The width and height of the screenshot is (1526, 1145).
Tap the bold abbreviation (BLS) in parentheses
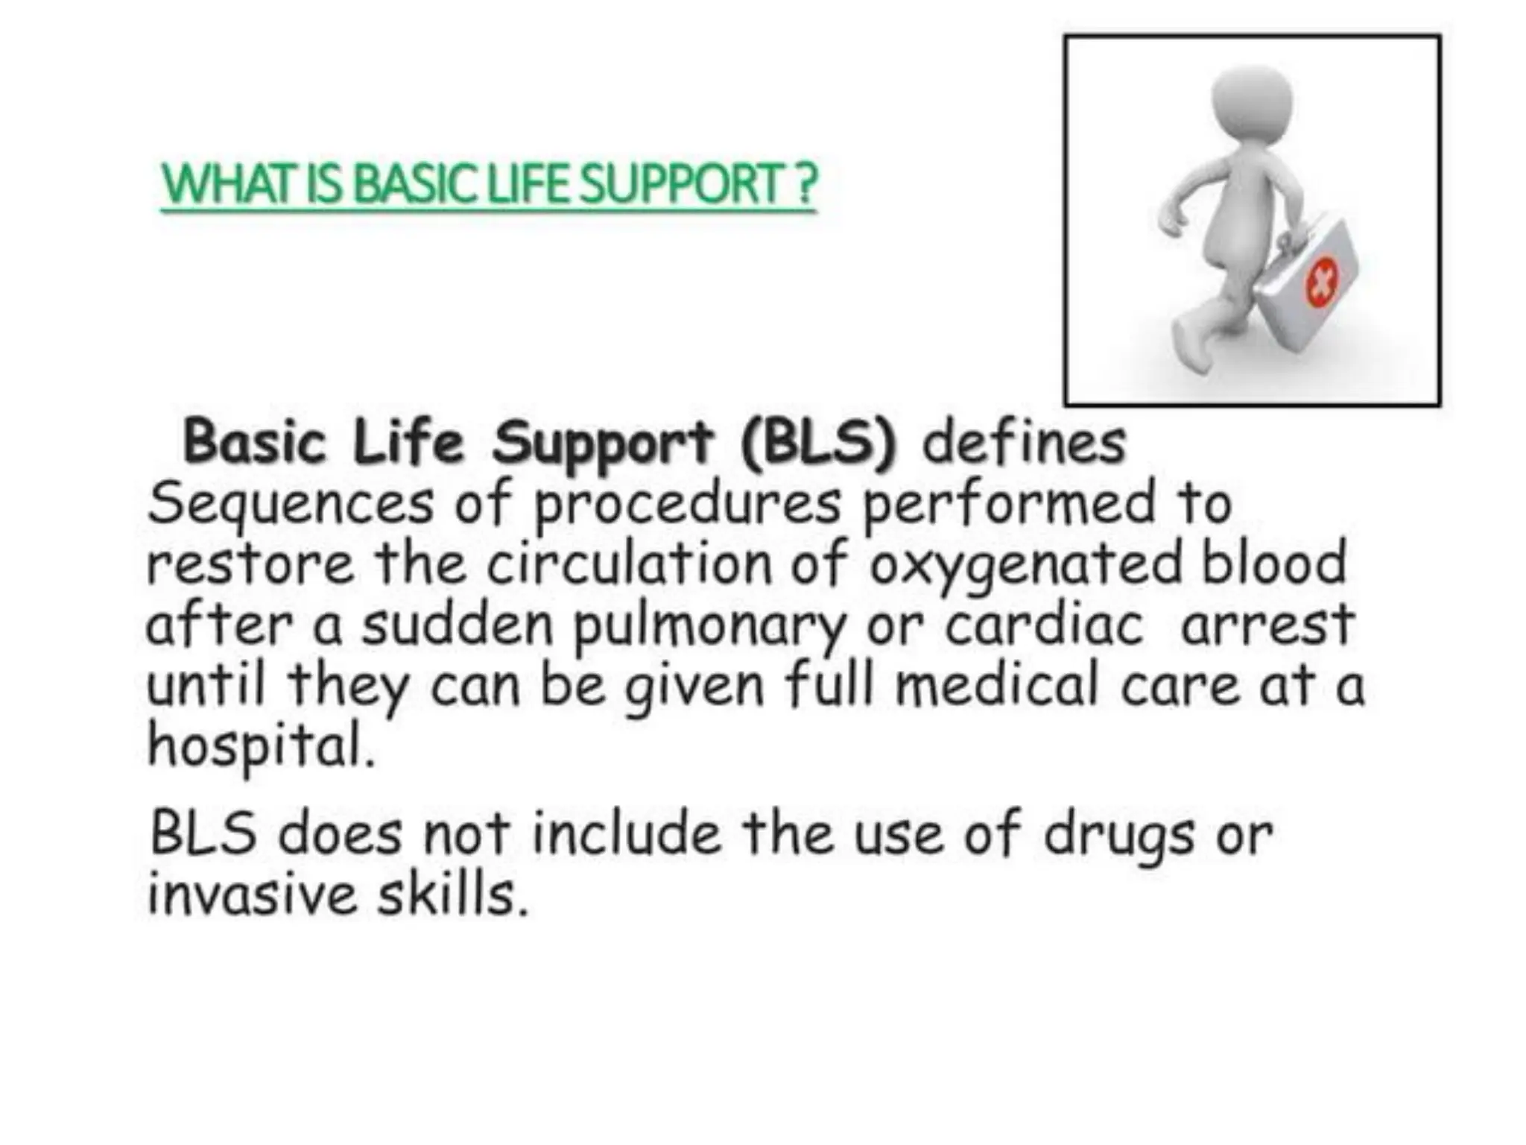(x=820, y=443)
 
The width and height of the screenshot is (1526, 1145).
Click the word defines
(x=1024, y=443)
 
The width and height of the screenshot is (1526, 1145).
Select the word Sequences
(x=291, y=504)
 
